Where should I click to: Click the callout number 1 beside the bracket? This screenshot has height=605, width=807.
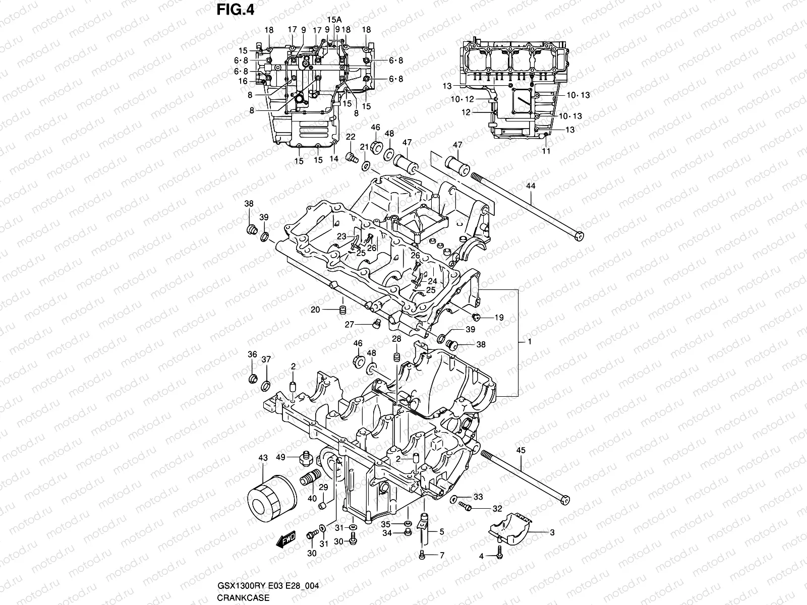(530, 341)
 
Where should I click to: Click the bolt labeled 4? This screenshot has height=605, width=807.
(499, 554)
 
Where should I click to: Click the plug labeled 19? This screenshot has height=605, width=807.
(475, 317)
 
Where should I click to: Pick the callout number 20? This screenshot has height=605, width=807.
(315, 310)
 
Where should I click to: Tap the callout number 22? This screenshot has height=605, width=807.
(350, 137)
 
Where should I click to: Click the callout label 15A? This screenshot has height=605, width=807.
(333, 19)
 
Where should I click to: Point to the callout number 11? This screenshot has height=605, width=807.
(546, 151)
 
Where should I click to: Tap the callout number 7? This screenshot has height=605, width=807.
(442, 555)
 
